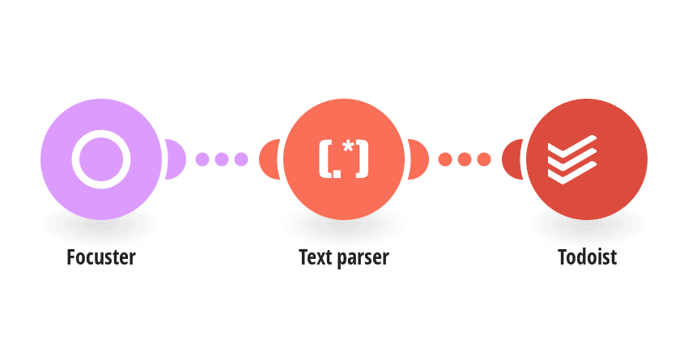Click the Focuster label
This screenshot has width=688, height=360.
(x=101, y=257)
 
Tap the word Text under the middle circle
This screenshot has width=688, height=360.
(x=315, y=257)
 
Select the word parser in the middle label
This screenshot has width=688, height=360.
(x=363, y=258)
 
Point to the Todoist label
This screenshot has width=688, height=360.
(x=587, y=257)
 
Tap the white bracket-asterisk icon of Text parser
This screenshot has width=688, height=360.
(x=343, y=159)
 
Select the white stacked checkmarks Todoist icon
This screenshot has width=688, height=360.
(x=572, y=159)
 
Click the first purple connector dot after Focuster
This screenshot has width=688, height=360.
(x=202, y=159)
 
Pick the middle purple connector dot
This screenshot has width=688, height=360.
(x=222, y=159)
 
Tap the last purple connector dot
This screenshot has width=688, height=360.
(x=241, y=159)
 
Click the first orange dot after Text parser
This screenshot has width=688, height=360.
(x=445, y=159)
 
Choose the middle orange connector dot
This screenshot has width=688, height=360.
(x=465, y=159)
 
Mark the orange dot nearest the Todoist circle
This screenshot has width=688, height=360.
(x=484, y=159)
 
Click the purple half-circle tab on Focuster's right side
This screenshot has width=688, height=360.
(x=176, y=159)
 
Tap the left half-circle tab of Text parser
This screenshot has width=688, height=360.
(x=269, y=159)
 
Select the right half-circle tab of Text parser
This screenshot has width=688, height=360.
(x=418, y=159)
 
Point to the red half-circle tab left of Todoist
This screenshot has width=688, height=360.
(x=512, y=159)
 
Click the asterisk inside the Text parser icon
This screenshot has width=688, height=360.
(x=348, y=147)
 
